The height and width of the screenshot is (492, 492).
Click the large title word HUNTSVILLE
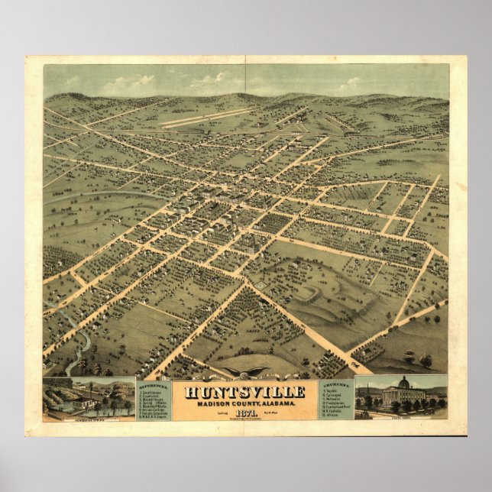tap(244, 393)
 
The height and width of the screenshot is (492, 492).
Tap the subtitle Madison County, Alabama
tap(244, 404)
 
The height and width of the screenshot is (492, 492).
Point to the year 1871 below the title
tap(244, 413)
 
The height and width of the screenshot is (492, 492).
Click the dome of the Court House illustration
tap(403, 382)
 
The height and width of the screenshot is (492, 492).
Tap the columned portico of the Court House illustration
tap(403, 397)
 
